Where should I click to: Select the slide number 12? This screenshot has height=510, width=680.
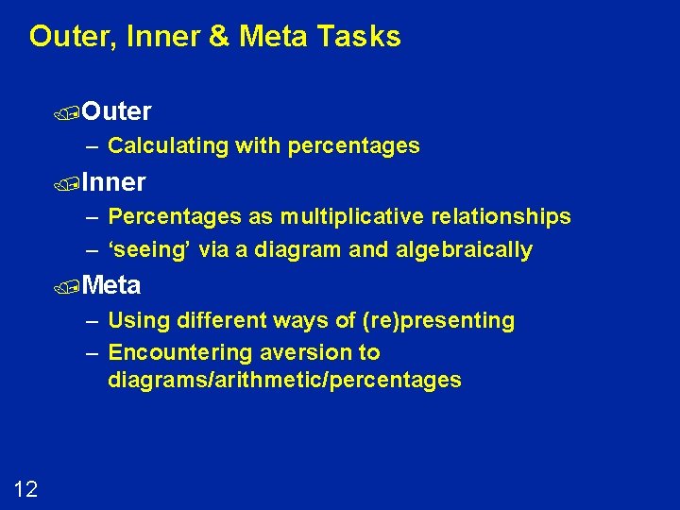point(26,488)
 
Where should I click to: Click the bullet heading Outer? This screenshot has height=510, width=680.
point(116,111)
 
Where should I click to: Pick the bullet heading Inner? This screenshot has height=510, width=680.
point(113,181)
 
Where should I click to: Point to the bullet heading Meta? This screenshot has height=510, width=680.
point(110,284)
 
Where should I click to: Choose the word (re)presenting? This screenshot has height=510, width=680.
point(438,320)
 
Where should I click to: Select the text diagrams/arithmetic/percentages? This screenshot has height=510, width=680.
point(284,380)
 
